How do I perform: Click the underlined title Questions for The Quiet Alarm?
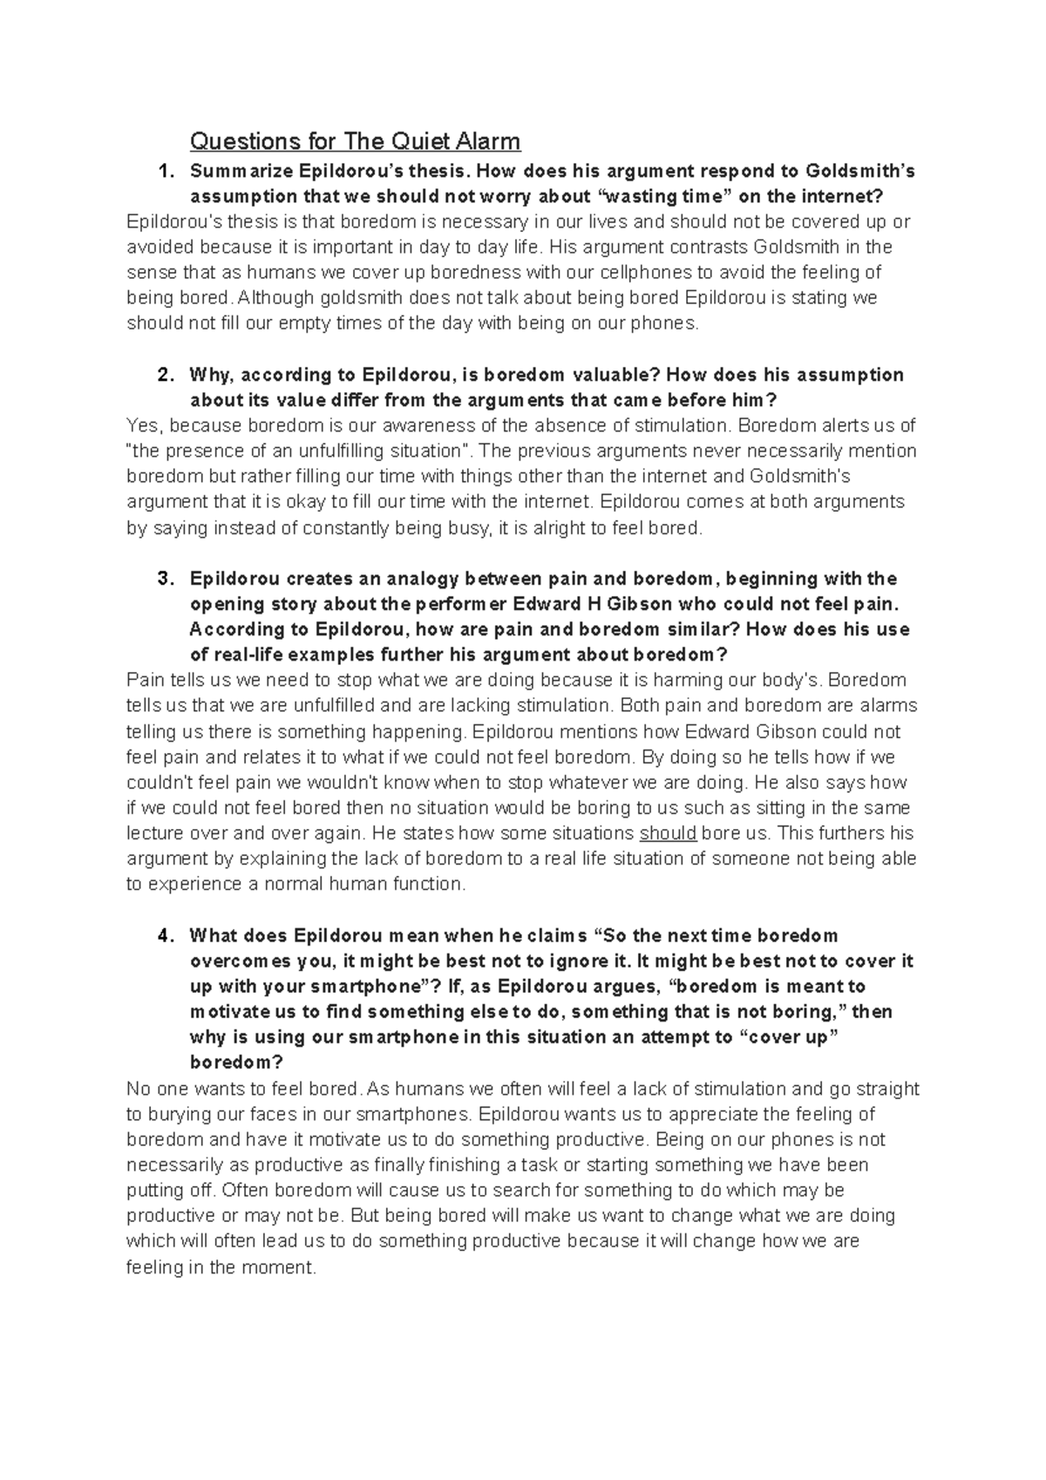click(355, 141)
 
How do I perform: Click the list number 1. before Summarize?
click(165, 171)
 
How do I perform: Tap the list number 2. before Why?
click(165, 375)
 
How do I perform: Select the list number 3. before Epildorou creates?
click(165, 579)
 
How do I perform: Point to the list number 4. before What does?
click(165, 936)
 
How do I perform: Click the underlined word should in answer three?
click(668, 833)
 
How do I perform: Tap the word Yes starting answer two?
click(143, 426)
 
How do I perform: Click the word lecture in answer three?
click(156, 833)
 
